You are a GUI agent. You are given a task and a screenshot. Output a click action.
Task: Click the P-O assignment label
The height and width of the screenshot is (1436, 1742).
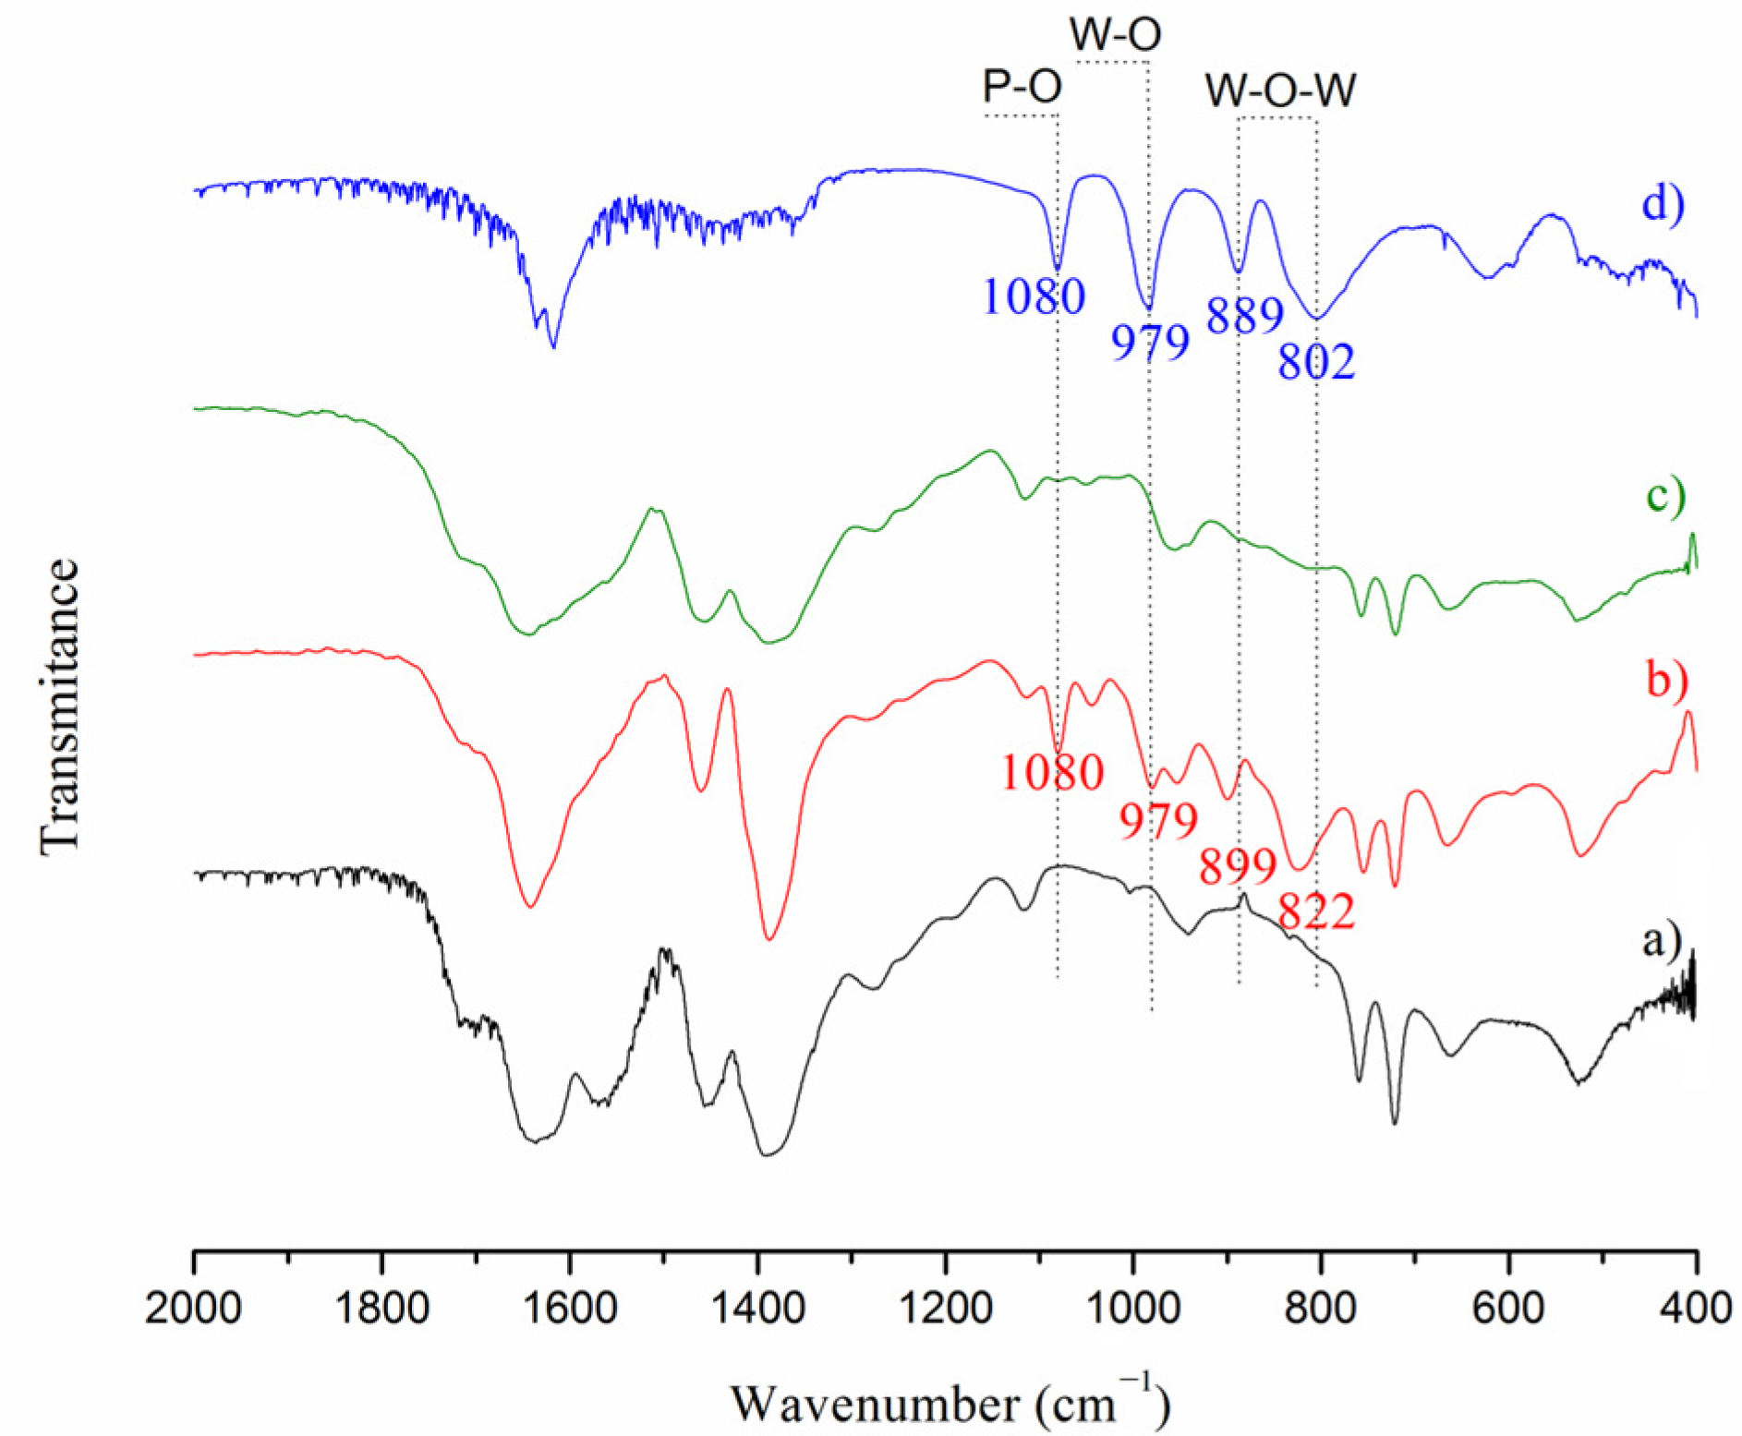coord(1022,88)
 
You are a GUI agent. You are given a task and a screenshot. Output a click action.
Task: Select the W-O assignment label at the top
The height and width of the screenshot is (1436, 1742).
coord(1115,35)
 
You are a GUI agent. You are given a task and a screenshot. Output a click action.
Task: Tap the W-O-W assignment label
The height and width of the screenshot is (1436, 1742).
coord(1281,91)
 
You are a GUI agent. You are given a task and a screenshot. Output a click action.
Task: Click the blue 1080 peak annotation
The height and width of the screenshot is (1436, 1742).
coord(1033,297)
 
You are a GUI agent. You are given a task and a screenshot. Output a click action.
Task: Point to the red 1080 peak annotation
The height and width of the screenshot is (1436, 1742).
coord(1052,773)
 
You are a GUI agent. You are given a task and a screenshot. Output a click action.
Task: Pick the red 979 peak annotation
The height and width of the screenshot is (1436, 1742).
coord(1158,821)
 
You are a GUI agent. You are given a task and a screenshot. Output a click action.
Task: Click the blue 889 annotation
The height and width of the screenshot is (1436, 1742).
coord(1245,317)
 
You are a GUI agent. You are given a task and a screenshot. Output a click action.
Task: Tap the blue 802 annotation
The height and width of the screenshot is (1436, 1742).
coord(1316,363)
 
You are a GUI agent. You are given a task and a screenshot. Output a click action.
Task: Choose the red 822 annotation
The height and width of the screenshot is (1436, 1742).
coord(1316,912)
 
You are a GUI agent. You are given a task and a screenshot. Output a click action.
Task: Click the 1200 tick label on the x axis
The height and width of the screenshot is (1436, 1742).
coord(945,1310)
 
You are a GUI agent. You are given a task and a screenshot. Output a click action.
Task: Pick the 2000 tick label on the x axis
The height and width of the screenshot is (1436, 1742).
coord(194,1310)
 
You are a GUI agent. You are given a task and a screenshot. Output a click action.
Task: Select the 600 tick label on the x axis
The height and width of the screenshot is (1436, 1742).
coord(1508,1310)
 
